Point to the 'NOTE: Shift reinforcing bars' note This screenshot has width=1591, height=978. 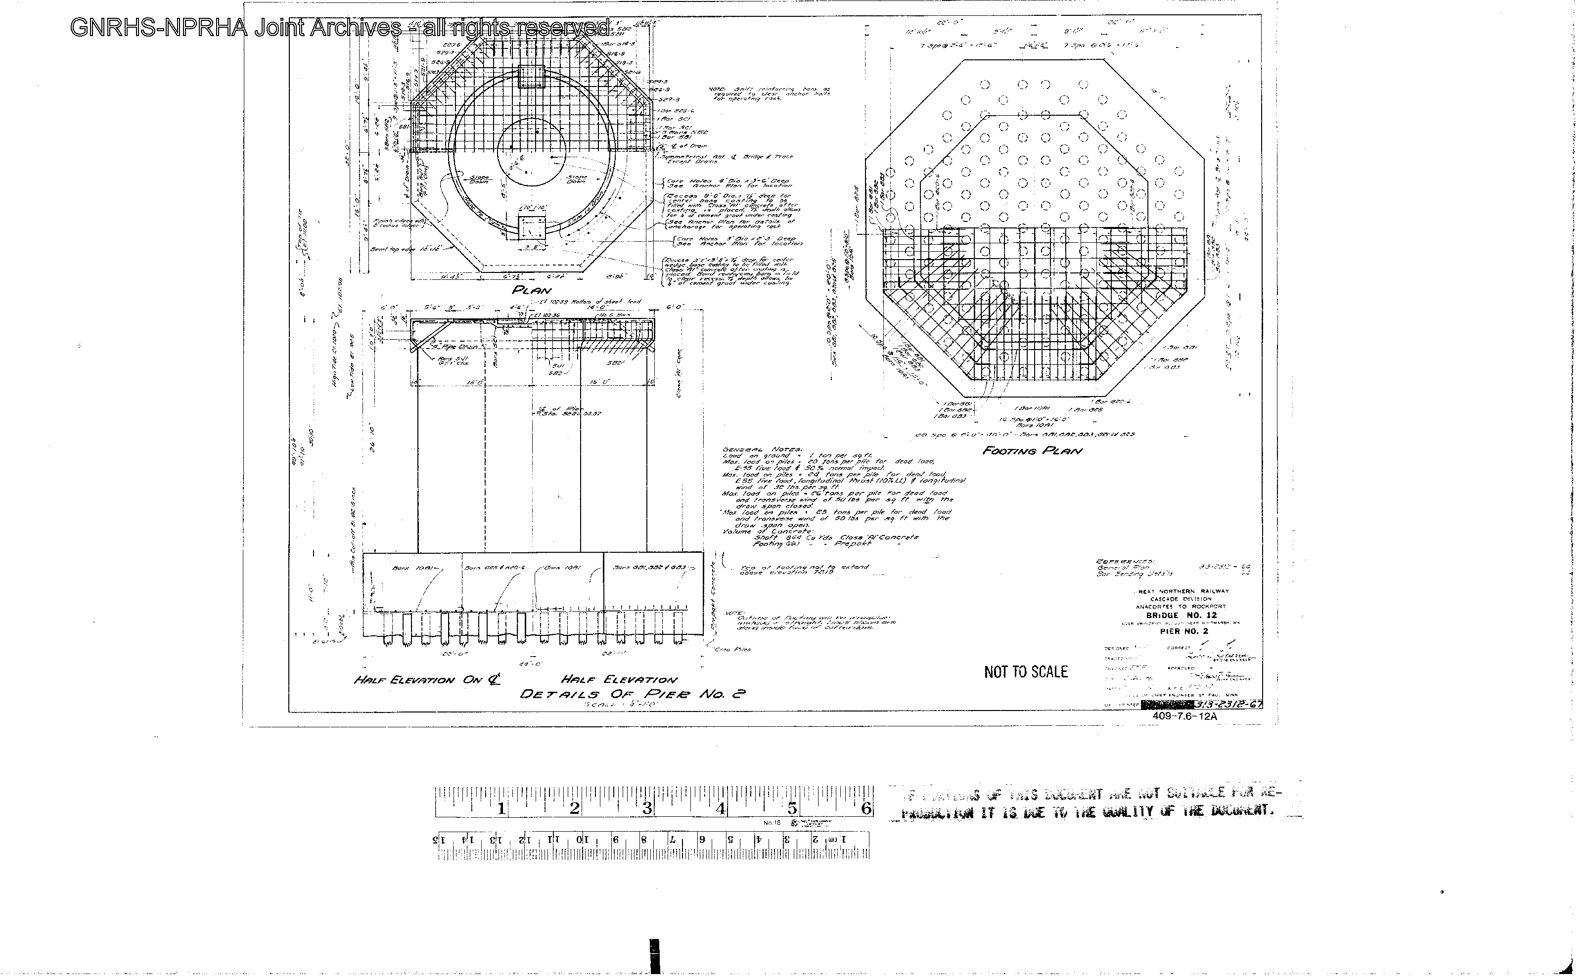(x=770, y=94)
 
